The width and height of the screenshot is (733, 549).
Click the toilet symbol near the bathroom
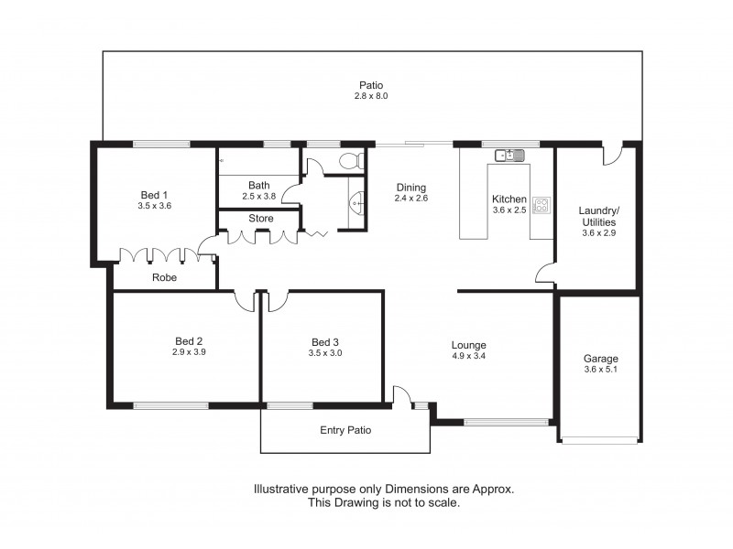349,160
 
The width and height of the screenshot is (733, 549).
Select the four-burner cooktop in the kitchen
541,205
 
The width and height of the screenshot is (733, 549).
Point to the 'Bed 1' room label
154,194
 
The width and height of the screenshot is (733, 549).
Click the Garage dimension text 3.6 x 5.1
601,370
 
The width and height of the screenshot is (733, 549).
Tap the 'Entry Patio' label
345,430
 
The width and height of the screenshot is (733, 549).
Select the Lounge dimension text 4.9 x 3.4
468,356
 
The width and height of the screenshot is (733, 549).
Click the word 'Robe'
165,277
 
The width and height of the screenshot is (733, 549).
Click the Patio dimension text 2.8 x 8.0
371,96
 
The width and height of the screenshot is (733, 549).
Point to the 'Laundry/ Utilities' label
598,215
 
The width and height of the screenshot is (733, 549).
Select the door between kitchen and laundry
545,272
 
